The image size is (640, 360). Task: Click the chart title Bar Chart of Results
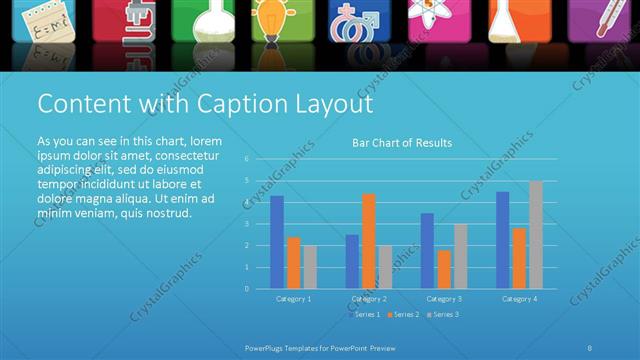(x=402, y=143)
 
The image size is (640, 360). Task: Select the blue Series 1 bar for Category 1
(x=277, y=242)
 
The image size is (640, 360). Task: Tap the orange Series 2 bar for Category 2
(x=369, y=240)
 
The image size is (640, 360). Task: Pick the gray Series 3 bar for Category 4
(x=536, y=234)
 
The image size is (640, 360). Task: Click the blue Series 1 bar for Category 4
(x=502, y=239)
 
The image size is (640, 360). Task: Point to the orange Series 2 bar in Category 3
(x=444, y=268)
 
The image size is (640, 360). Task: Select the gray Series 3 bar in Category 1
(x=310, y=266)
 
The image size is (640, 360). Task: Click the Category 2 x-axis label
(x=369, y=299)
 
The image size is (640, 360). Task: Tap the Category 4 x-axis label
(x=519, y=299)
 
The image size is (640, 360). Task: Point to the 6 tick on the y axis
(x=246, y=159)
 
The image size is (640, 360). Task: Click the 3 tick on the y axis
(x=246, y=224)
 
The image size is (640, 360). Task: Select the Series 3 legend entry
(x=442, y=315)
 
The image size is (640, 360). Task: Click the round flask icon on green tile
(x=197, y=19)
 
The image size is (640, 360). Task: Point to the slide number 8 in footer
(x=590, y=347)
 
